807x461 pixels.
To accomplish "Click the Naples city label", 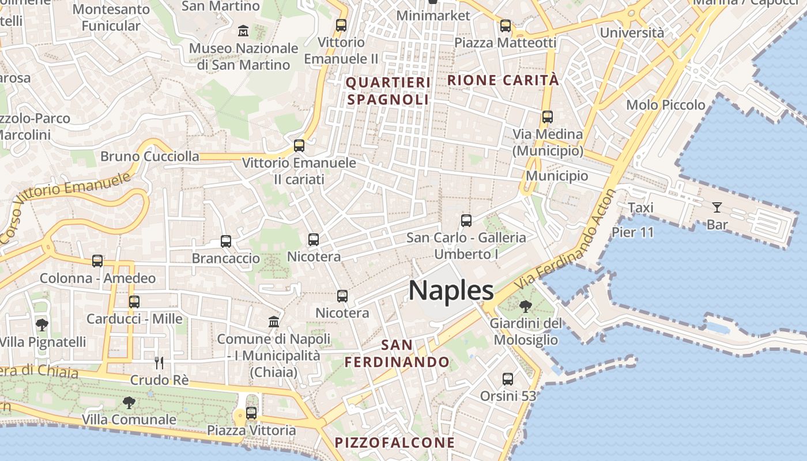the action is coord(451,290).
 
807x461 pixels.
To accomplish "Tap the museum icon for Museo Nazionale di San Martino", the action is coord(243,30).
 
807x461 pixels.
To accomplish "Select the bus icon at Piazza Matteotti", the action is coord(506,25).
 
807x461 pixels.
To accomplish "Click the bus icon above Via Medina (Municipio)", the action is coord(548,117).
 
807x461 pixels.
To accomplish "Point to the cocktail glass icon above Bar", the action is coord(717,207).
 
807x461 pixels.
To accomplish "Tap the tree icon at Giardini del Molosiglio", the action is coord(525,306).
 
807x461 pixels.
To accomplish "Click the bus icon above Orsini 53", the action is coord(508,379).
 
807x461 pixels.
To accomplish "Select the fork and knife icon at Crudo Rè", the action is coord(159,362).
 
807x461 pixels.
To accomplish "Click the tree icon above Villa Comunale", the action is coord(129,402).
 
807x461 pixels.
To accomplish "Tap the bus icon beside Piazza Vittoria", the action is coord(251,413).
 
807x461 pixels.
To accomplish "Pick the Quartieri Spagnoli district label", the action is coord(388,91).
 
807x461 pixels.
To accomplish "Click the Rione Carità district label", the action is coord(503,80).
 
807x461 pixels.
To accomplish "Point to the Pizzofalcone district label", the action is coord(395,443).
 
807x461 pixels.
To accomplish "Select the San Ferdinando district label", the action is coord(397,353).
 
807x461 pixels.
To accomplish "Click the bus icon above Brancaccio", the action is coord(226,241).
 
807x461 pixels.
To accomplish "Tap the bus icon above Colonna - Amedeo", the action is coord(97,261).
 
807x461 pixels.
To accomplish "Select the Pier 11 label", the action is coord(633,232).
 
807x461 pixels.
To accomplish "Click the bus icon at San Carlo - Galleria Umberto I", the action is coord(466,220).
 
